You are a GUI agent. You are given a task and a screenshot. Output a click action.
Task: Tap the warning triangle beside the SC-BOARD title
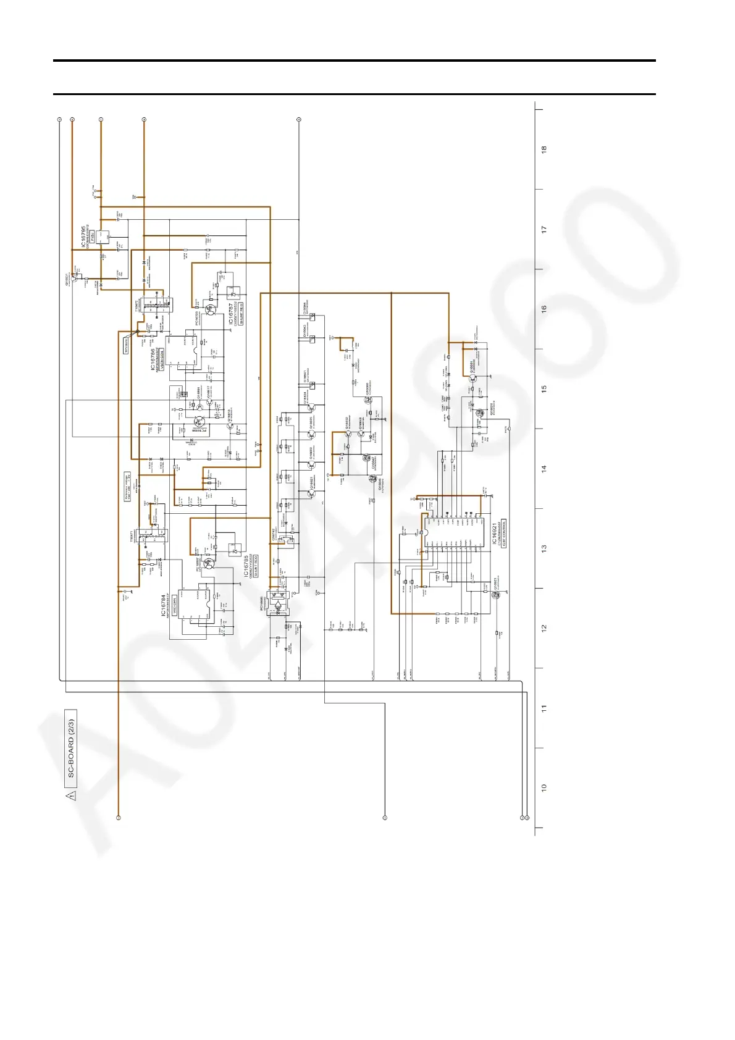point(72,795)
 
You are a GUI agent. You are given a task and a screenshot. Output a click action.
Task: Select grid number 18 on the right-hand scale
point(544,149)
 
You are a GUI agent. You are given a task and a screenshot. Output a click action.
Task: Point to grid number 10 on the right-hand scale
point(544,788)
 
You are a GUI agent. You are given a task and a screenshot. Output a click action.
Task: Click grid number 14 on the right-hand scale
point(544,469)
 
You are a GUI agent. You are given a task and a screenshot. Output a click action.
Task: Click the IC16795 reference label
point(83,237)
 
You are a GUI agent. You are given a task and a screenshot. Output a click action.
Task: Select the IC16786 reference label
point(153,359)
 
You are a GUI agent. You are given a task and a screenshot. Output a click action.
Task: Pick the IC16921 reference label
point(494,534)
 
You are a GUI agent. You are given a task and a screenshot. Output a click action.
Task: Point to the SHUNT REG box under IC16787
point(241,314)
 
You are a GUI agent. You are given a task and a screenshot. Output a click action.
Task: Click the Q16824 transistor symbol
point(311,406)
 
